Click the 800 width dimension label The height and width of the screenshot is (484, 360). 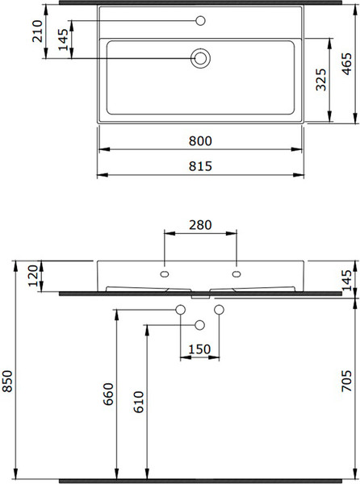(x=200, y=140)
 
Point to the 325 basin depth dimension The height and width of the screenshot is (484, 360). (x=320, y=81)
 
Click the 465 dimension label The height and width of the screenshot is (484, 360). (x=346, y=61)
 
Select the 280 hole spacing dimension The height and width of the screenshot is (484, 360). (x=200, y=225)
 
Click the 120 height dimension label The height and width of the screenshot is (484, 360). (x=32, y=277)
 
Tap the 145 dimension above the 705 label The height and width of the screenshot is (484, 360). (x=346, y=279)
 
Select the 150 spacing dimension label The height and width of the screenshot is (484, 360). (x=199, y=349)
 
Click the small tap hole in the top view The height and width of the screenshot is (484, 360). (x=200, y=19)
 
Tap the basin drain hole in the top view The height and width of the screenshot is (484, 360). (x=200, y=57)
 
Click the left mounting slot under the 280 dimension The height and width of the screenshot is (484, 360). (x=165, y=275)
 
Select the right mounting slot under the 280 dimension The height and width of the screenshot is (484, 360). (x=237, y=275)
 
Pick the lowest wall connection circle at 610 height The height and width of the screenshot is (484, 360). (x=200, y=324)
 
